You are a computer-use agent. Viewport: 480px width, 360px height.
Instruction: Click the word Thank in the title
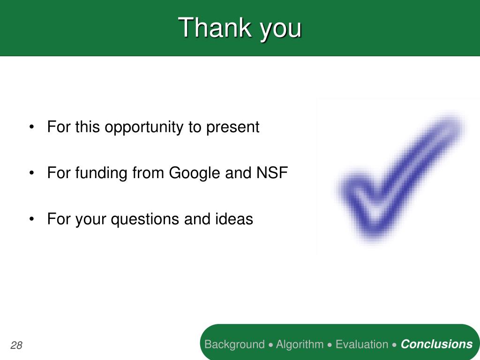(215, 28)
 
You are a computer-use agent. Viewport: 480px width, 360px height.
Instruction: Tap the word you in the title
(281, 31)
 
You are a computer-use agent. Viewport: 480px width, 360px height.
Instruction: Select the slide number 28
(16, 345)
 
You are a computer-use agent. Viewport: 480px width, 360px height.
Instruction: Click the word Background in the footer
(234, 345)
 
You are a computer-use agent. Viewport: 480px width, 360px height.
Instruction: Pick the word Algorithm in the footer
(300, 345)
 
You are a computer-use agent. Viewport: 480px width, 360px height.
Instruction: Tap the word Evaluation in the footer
(362, 345)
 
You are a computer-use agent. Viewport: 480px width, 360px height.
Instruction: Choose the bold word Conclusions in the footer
(436, 344)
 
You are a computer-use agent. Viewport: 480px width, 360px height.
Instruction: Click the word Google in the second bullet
(195, 173)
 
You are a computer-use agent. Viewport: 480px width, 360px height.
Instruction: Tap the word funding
(101, 173)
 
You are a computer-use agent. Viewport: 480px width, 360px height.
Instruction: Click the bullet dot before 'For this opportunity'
(31, 127)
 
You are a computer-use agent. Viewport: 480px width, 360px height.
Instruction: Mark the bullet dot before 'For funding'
(31, 173)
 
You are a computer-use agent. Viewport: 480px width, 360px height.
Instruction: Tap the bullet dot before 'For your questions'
(31, 219)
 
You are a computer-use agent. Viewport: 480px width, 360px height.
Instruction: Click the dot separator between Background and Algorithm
(270, 345)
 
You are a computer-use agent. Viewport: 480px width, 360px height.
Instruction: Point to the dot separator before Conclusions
(395, 345)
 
